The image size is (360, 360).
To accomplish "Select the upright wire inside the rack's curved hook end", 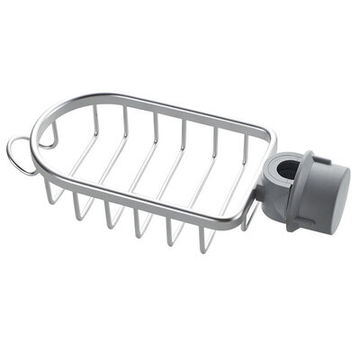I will [52, 134].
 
